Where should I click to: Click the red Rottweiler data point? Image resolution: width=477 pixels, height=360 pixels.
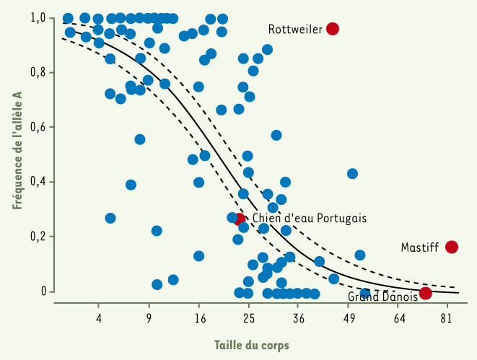click(333, 29)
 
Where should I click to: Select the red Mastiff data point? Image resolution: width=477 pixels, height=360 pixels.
click(452, 247)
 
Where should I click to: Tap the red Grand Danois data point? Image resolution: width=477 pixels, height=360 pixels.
click(426, 292)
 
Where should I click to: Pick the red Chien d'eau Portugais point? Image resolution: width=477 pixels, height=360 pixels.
click(240, 219)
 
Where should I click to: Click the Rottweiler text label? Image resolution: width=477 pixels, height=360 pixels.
click(295, 30)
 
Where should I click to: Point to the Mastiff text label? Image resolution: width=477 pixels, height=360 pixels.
click(420, 247)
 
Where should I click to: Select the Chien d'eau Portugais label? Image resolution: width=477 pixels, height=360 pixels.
click(310, 218)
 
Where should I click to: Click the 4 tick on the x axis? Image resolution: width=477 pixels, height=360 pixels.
click(100, 317)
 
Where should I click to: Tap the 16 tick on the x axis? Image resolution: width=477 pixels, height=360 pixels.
click(199, 317)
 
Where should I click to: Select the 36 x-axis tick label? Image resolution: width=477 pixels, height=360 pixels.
click(299, 317)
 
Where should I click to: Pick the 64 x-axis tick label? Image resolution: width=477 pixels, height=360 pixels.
click(398, 317)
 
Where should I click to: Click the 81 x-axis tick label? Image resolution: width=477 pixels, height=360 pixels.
click(448, 317)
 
